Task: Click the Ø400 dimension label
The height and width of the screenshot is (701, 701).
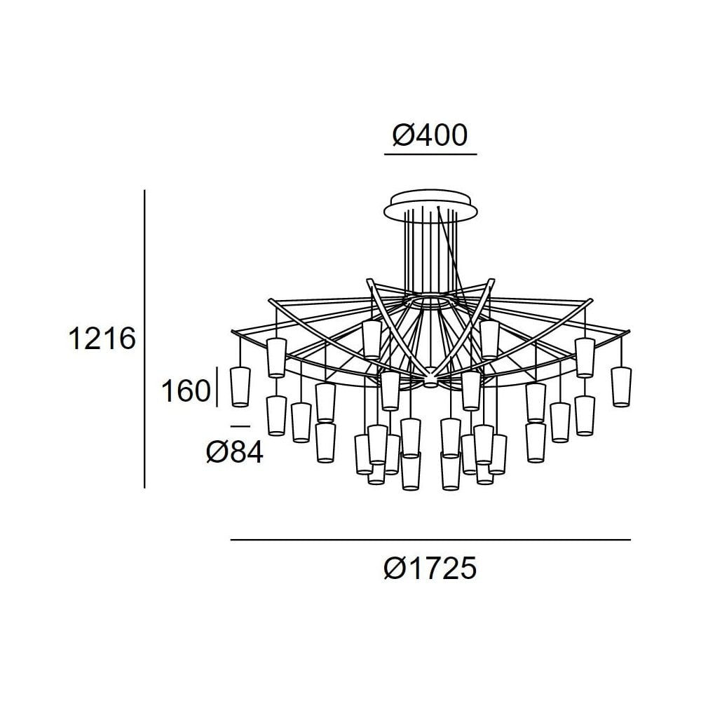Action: (430, 135)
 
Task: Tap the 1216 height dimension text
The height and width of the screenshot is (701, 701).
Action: (101, 339)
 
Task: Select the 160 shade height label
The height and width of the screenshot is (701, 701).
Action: (186, 390)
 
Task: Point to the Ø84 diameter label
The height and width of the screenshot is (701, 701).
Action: (235, 454)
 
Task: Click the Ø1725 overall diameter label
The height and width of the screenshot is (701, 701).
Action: (430, 568)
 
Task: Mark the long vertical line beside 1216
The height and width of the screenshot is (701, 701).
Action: (144, 339)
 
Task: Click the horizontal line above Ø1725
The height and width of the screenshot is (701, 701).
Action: (430, 540)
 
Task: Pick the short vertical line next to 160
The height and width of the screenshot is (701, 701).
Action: (219, 386)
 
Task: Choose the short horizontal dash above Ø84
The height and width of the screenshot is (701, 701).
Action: (240, 426)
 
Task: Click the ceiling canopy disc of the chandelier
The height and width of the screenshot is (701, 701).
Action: (430, 204)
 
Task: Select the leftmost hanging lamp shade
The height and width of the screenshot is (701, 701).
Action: (241, 386)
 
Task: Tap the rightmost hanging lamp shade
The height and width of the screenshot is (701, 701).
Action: (620, 386)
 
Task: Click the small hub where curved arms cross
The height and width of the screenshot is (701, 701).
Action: (429, 380)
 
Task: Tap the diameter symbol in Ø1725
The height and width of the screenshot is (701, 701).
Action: (395, 568)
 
